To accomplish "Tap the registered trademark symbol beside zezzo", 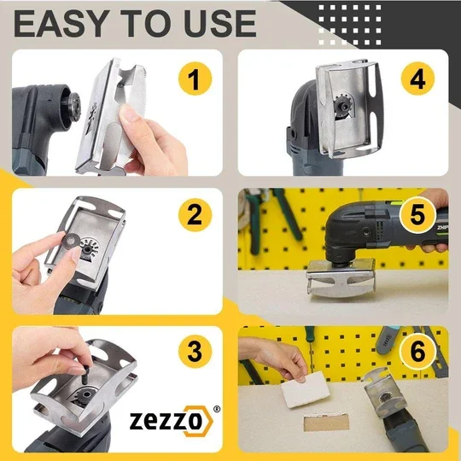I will click(x=215, y=408).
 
